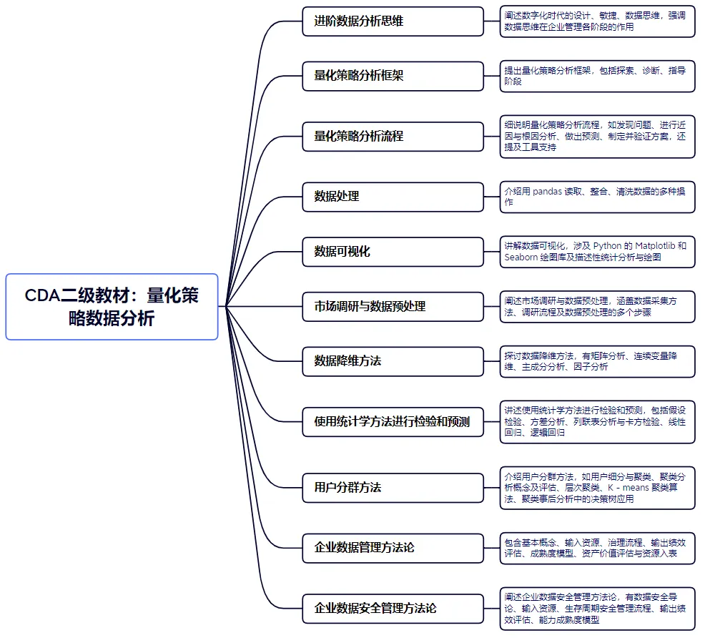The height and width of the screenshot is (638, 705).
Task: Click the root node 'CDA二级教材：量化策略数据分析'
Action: pos(112,306)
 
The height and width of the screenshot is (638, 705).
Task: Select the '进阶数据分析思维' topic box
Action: pos(393,21)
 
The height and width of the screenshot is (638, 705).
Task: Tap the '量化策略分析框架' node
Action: pos(393,76)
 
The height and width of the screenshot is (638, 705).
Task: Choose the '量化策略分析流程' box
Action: pos(393,136)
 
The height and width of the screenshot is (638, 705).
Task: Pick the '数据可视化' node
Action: pos(393,252)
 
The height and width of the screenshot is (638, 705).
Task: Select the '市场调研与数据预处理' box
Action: pos(393,306)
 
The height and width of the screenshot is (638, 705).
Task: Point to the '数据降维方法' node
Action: pos(393,361)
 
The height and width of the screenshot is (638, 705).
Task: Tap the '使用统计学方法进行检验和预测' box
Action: pos(393,421)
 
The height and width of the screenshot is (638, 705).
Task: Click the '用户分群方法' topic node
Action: pos(393,488)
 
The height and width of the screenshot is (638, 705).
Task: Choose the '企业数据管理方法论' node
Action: pos(393,548)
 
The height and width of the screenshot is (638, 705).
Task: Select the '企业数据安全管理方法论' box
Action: pos(393,609)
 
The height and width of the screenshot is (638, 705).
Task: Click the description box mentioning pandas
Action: pos(597,197)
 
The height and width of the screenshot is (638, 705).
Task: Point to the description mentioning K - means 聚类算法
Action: pos(597,488)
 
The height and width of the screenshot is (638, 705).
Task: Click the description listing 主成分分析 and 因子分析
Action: pos(597,361)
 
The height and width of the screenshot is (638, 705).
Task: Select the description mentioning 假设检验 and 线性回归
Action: pos(597,421)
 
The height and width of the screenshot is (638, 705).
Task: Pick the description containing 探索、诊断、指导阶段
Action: pos(597,76)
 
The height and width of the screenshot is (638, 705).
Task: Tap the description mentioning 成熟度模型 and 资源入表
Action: pos(597,548)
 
